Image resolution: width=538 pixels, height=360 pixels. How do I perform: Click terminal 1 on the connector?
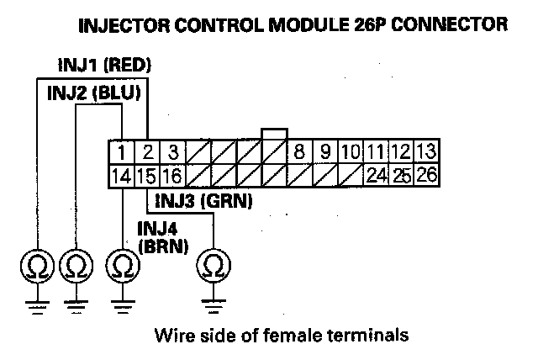point(123,153)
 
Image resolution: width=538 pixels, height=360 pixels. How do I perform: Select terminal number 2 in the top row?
point(147,153)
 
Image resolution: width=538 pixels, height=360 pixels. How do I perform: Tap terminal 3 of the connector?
point(171,153)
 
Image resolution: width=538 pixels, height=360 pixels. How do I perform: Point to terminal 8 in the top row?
point(298,153)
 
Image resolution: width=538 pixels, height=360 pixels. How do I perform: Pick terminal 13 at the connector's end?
point(425,153)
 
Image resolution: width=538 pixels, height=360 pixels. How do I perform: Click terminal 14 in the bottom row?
point(123,177)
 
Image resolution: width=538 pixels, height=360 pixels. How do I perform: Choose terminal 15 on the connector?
point(147,177)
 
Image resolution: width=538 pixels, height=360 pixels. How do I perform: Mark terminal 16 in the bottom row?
point(171,177)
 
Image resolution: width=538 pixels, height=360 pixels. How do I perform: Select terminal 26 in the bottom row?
point(425,177)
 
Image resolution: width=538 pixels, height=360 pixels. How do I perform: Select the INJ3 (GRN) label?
point(201,202)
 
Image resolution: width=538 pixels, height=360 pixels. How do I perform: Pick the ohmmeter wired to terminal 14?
point(123,267)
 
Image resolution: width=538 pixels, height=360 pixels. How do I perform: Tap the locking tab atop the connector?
point(275,135)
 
